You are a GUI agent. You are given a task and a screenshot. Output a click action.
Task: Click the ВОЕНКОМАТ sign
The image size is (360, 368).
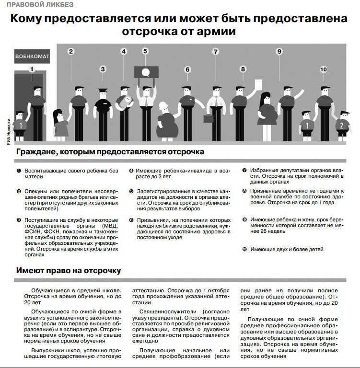33,56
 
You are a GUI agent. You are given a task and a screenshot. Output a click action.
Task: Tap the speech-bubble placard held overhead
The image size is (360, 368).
145,72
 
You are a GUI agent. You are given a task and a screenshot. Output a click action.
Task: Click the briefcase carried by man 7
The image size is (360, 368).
208,118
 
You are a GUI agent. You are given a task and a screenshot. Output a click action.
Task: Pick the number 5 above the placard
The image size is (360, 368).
145,51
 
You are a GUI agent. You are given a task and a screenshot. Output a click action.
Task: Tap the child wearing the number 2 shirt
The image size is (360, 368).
341,125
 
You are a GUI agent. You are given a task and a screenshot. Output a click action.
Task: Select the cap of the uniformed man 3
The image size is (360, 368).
103,90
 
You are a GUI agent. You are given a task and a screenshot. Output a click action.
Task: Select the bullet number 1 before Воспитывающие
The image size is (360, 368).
19,171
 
